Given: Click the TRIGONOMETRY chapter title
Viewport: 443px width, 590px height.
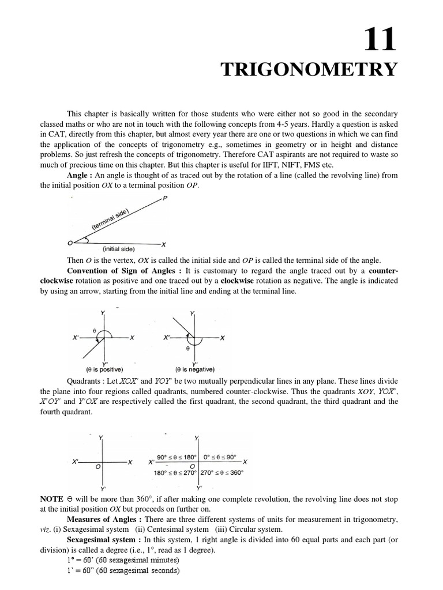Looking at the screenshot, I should pyautogui.click(x=310, y=70).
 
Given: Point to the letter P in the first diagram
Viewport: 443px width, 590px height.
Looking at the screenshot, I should pyautogui.click(x=166, y=199).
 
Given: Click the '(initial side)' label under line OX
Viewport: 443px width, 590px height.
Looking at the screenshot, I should pyautogui.click(x=118, y=249).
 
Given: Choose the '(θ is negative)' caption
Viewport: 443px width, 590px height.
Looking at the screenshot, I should pyautogui.click(x=194, y=369).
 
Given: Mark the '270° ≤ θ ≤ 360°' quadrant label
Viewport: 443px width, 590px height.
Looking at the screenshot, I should pyautogui.click(x=222, y=472).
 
